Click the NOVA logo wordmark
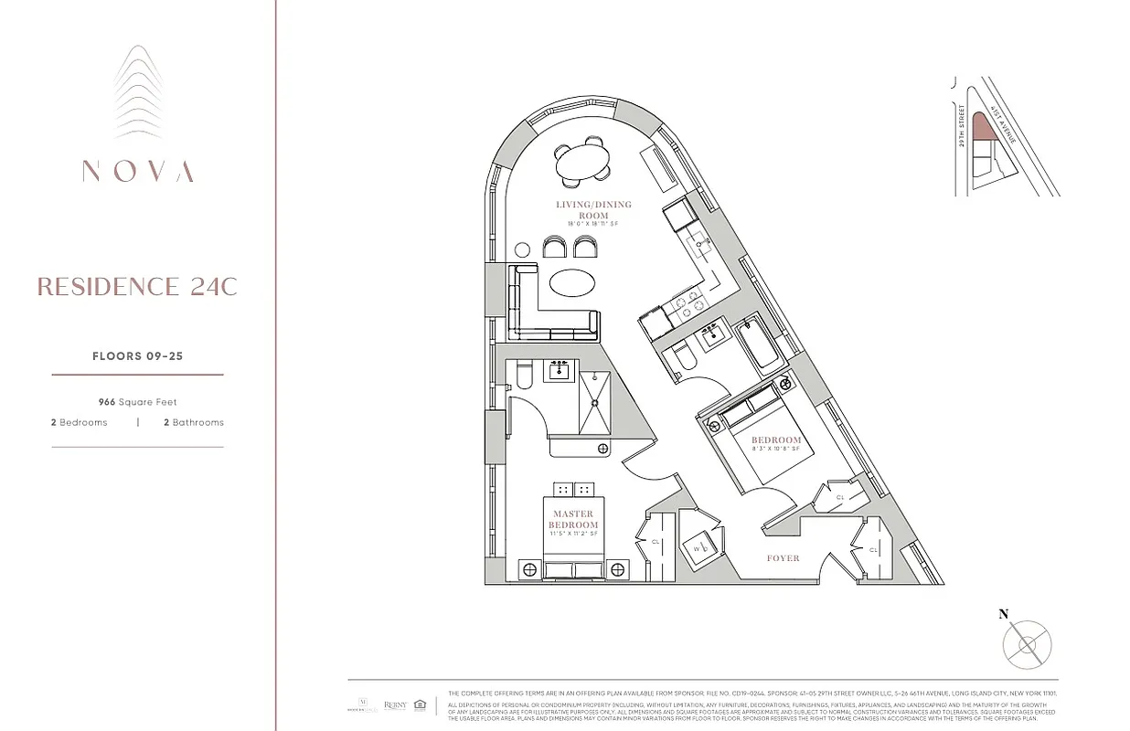pos(137,171)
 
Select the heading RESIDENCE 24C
pos(137,287)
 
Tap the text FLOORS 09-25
pos(137,356)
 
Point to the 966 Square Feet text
pos(137,402)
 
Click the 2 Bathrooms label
pos(193,422)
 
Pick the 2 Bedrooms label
pos(80,422)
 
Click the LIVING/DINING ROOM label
pos(593,210)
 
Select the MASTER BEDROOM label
pos(573,520)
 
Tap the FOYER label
pos(783,557)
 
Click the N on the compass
pos(1003,614)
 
